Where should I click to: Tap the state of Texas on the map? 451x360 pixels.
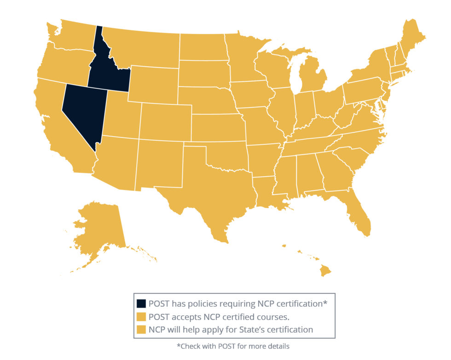207,189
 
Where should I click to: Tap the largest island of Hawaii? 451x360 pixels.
326,272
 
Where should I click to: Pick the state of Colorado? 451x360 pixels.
165,121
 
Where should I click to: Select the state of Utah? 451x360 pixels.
121,115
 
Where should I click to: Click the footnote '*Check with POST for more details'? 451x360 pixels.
233,346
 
